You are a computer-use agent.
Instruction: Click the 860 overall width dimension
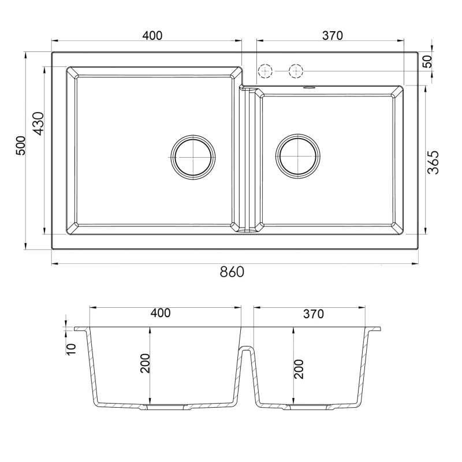[x=232, y=271]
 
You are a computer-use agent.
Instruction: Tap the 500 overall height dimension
[x=21, y=146]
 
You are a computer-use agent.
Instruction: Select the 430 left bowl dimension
[x=38, y=124]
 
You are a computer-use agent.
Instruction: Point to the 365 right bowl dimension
[x=433, y=162]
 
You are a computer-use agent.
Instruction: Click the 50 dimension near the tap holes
[x=427, y=62]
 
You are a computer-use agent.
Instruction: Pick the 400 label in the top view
[x=152, y=35]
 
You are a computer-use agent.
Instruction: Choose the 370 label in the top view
[x=333, y=35]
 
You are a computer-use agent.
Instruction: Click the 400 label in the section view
[x=161, y=313]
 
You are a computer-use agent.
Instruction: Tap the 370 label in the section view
[x=314, y=314]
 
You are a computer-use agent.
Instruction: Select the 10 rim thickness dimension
[x=71, y=349]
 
